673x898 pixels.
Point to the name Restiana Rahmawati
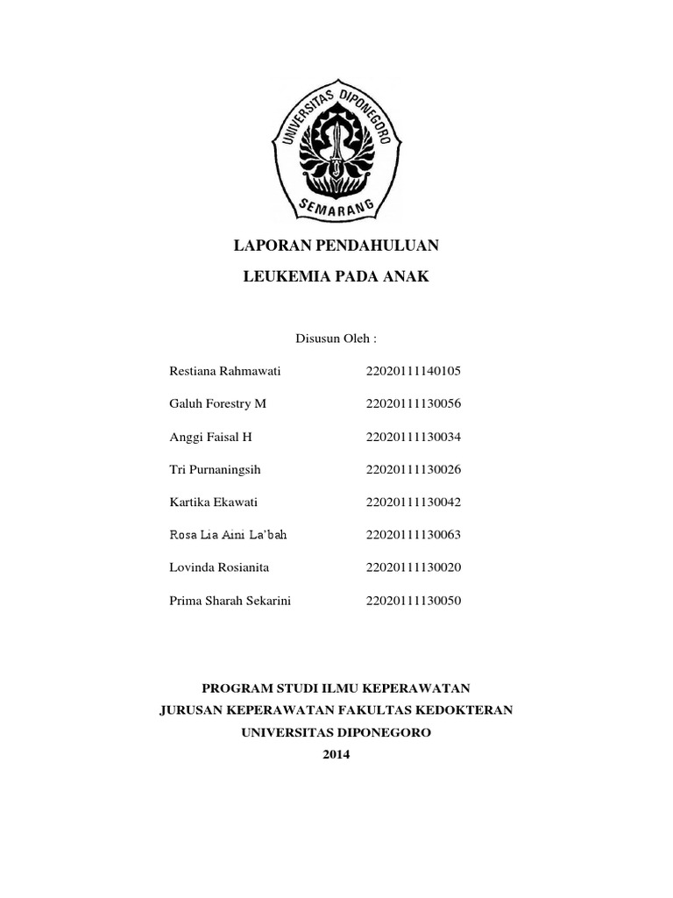tap(224, 370)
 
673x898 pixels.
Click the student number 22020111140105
tap(414, 370)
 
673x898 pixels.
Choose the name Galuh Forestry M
tap(216, 403)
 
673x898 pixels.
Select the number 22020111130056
tap(414, 403)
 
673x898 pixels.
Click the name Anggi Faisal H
tap(210, 436)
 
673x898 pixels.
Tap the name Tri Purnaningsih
tap(215, 469)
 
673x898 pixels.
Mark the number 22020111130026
tap(414, 469)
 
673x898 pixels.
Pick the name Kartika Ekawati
tap(214, 502)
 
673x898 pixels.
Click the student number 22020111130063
tap(414, 535)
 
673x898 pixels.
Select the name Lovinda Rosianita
tap(219, 567)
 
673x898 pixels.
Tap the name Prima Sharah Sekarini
tap(230, 601)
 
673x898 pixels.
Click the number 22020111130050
tap(414, 601)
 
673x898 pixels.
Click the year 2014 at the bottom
tap(336, 752)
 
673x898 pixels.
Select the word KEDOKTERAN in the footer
tap(470, 709)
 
